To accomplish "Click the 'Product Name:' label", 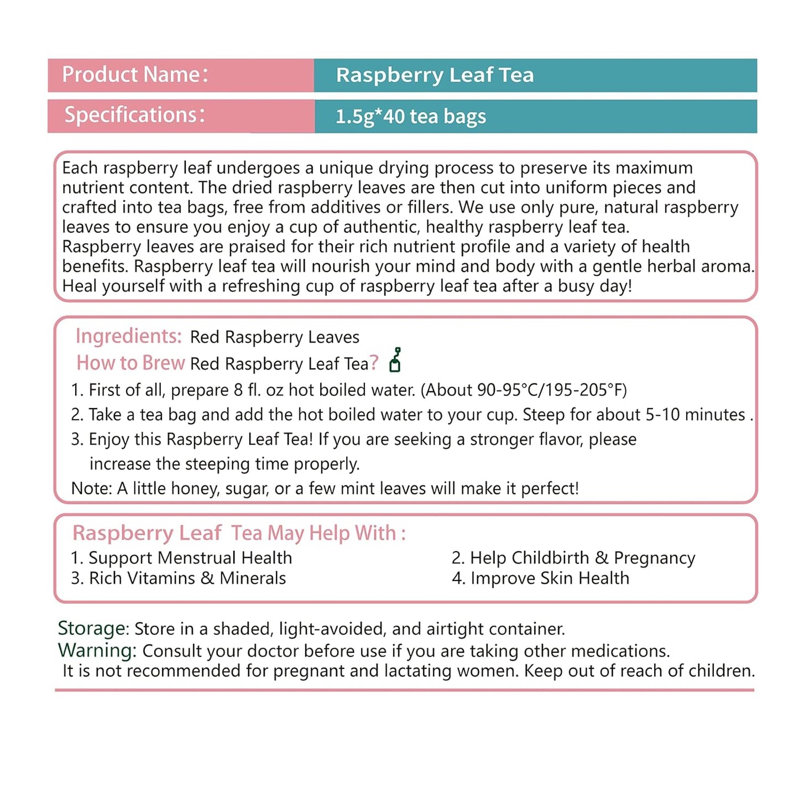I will tap(135, 75).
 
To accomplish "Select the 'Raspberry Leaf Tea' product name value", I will tap(435, 75).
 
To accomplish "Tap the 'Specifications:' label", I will tap(134, 115).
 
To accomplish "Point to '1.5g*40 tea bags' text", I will tap(411, 117).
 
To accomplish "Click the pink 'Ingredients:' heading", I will tap(128, 336).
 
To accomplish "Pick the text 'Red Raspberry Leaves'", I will tap(274, 337).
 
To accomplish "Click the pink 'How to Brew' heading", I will tap(130, 363).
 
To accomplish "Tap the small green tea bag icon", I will tap(395, 360).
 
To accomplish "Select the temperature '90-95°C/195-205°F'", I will tap(551, 390).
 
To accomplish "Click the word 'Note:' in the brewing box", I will tap(91, 489).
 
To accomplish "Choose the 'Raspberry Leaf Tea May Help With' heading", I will tap(238, 533).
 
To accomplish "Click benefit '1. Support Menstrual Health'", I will tap(181, 558).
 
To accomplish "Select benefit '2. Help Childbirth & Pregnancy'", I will tap(573, 558).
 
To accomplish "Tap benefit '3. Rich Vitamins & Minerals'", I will tap(178, 578).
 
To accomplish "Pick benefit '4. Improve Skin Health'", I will tap(540, 578).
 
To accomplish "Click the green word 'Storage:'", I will tap(93, 629).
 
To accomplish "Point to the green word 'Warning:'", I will tap(97, 650).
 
